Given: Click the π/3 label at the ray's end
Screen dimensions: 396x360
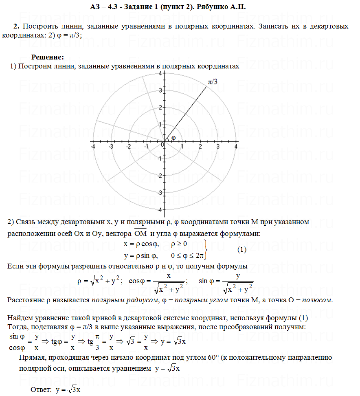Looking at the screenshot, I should (x=213, y=82).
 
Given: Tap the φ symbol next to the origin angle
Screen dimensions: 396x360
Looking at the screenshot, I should (x=173, y=138).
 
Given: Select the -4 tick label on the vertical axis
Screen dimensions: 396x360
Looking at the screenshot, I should (x=159, y=209).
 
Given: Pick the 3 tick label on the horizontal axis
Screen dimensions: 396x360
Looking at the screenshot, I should (x=218, y=147).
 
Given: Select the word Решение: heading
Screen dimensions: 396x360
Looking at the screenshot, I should (x=48, y=57).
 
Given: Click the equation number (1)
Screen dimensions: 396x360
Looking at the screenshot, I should (x=242, y=250).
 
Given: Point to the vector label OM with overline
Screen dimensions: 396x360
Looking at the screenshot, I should (x=140, y=233).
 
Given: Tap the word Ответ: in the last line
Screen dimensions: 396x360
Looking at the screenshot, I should (x=42, y=390).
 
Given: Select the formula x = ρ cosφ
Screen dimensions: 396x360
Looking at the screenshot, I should (x=141, y=244).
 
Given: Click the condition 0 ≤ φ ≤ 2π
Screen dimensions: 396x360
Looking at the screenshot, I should (x=187, y=256).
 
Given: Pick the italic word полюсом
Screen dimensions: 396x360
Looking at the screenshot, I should (x=319, y=300).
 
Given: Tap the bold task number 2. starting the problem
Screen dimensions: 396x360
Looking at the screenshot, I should (x=16, y=26).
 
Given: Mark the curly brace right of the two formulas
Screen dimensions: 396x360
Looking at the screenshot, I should (x=207, y=250).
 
